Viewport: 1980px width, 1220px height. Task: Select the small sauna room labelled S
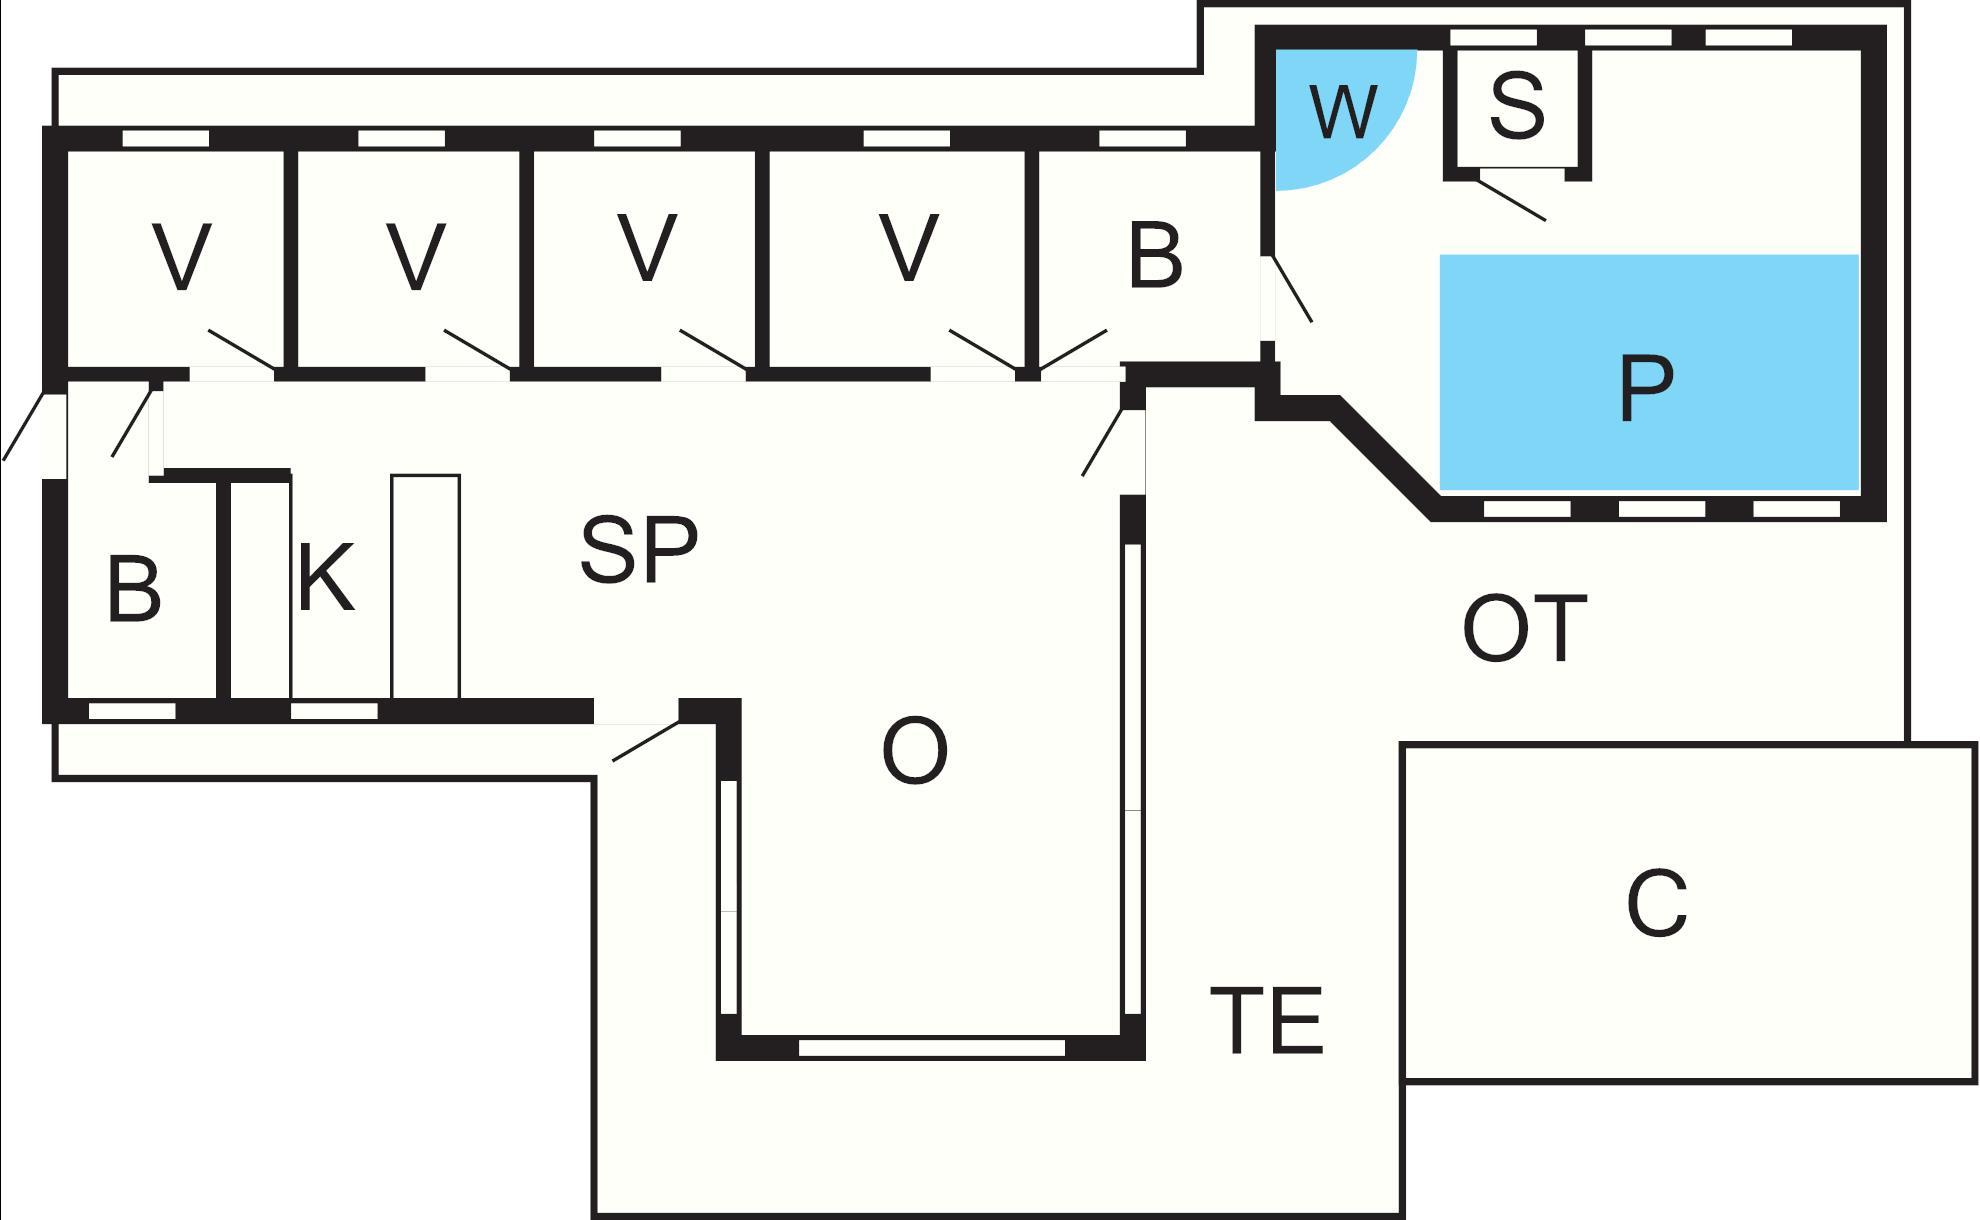1516,104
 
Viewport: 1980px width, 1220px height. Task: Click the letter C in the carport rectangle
1657,904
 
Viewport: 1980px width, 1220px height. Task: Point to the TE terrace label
1267,1020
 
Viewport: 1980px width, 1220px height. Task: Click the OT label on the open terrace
1524,628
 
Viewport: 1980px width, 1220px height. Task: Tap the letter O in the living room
914,752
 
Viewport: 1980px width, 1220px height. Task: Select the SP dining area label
639,549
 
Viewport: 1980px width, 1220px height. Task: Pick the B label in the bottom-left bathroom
133,590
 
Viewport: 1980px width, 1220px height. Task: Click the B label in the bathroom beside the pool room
1155,256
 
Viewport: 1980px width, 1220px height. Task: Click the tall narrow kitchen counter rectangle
425,586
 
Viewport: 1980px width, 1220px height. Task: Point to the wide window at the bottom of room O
931,1048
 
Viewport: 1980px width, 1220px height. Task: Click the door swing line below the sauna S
1511,199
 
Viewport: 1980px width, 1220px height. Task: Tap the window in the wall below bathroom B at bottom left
132,711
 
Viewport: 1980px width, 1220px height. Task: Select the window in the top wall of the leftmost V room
165,138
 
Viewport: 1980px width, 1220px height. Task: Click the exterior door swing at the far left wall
24,426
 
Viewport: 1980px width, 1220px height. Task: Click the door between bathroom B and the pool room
1290,289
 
